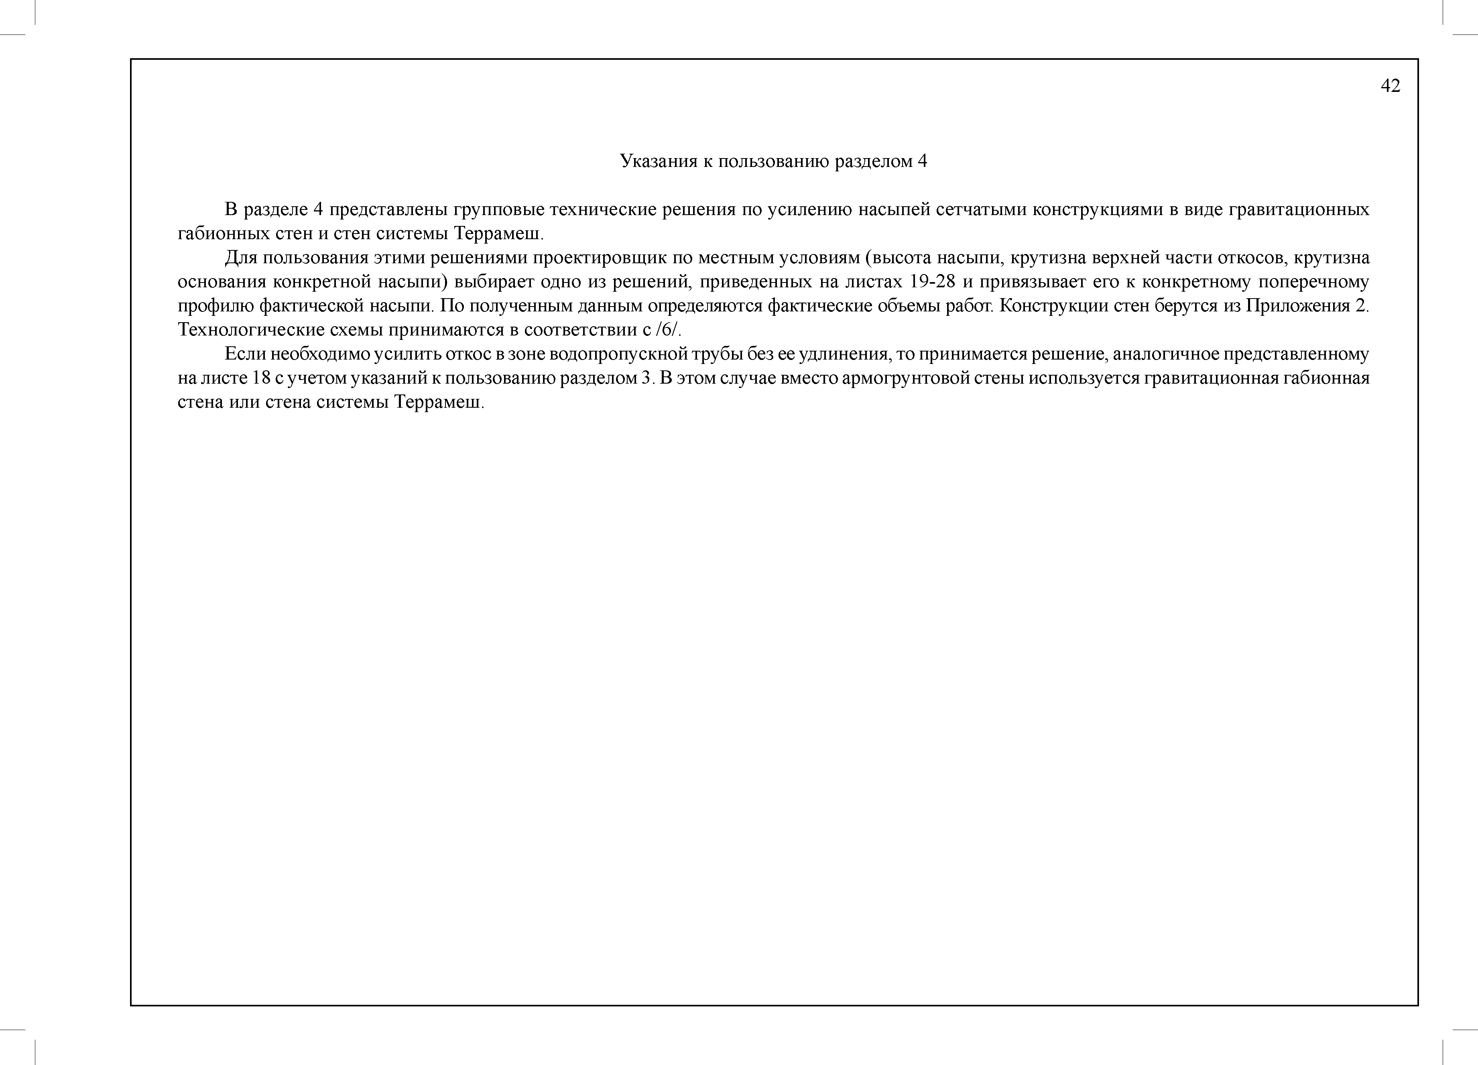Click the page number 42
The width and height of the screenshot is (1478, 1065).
coord(1390,86)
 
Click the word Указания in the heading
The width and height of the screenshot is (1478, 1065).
coord(658,161)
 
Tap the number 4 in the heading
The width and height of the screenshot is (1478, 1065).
coord(922,161)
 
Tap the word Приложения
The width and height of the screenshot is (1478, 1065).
coord(1297,306)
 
